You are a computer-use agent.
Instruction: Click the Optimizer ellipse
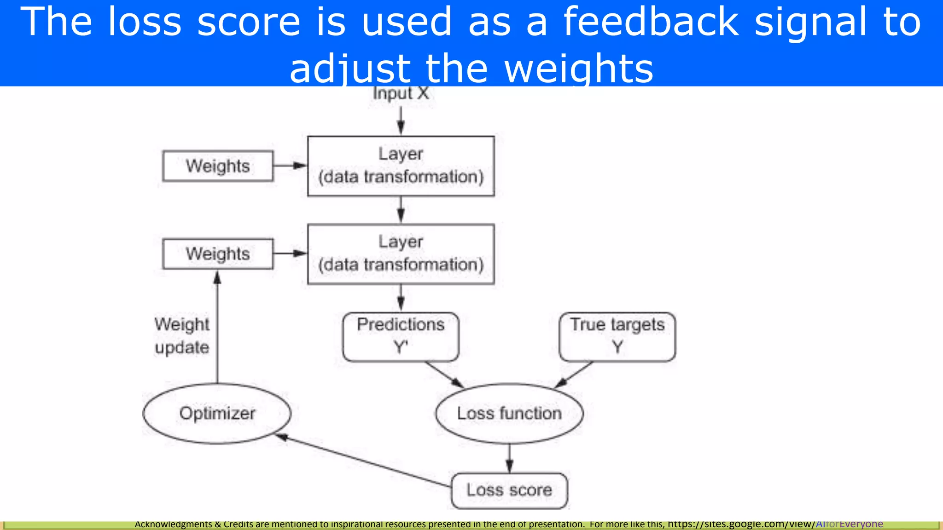pos(217,413)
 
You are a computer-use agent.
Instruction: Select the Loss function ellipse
pos(509,413)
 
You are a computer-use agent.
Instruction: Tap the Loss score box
pos(509,490)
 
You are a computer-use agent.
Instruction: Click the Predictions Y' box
pos(401,336)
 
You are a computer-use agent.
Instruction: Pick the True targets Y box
pos(617,336)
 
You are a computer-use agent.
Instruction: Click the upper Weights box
pos(218,166)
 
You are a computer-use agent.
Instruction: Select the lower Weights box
pos(218,253)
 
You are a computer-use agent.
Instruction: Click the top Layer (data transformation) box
pos(401,166)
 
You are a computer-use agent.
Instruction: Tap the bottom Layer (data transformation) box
pos(401,253)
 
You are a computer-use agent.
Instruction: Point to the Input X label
pos(401,93)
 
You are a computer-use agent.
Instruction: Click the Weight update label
pos(182,336)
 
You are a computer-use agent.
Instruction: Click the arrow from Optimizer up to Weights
pos(217,327)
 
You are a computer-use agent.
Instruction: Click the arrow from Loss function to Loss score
pos(509,458)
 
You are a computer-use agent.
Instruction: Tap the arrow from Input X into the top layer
pos(401,121)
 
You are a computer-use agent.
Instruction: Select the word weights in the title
pos(579,69)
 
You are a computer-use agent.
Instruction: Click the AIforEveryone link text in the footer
pos(849,524)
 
